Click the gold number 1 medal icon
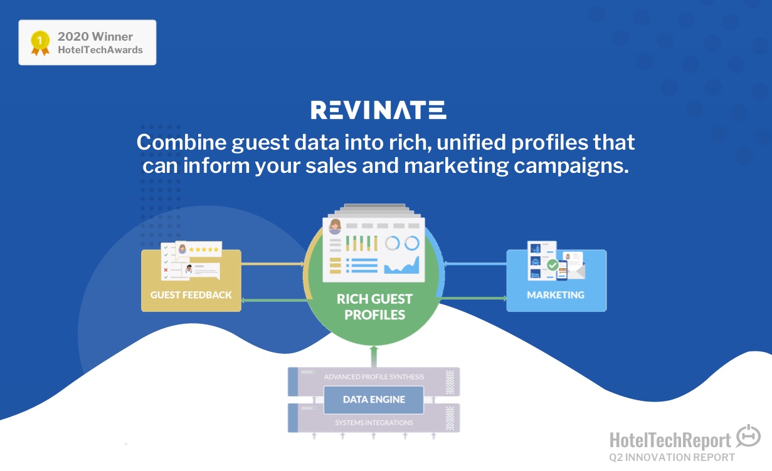[40, 43]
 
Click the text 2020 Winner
[95, 36]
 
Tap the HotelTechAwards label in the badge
[100, 50]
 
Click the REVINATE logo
[378, 110]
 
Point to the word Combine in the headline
[181, 142]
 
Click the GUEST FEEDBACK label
[191, 295]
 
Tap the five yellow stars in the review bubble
[204, 249]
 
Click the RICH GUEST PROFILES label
[374, 307]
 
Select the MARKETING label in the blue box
[556, 295]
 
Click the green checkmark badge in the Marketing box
[553, 265]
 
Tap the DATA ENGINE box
[374, 400]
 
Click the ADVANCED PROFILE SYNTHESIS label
[374, 376]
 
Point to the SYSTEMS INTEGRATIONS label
[374, 423]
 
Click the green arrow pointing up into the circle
[374, 356]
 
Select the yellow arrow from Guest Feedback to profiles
[273, 264]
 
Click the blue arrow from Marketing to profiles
[475, 264]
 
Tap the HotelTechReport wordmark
[670, 440]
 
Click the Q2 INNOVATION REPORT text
[672, 457]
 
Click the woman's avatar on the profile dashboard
[335, 227]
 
